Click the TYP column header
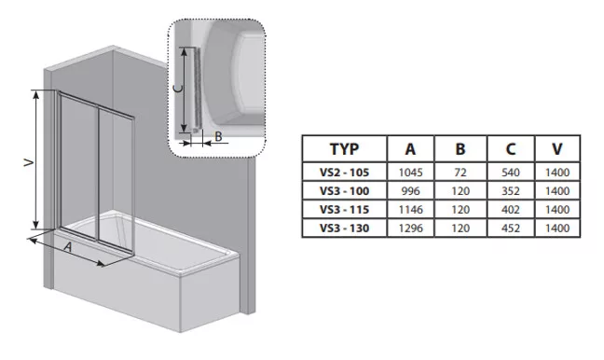click(344, 149)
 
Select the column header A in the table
click(410, 149)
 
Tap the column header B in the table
click(460, 149)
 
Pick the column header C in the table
click(511, 149)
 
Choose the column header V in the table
click(557, 149)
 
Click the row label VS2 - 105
click(344, 173)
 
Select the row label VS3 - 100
click(344, 191)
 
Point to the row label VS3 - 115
click(344, 209)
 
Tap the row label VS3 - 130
click(344, 228)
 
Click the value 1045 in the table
click(410, 173)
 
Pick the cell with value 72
click(460, 173)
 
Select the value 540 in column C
click(511, 173)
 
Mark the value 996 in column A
click(410, 191)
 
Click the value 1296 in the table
click(410, 228)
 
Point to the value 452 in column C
click(511, 228)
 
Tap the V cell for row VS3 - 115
click(557, 209)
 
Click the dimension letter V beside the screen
click(28, 163)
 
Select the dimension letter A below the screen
click(68, 246)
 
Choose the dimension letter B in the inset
click(218, 136)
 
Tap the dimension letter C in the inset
click(177, 89)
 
